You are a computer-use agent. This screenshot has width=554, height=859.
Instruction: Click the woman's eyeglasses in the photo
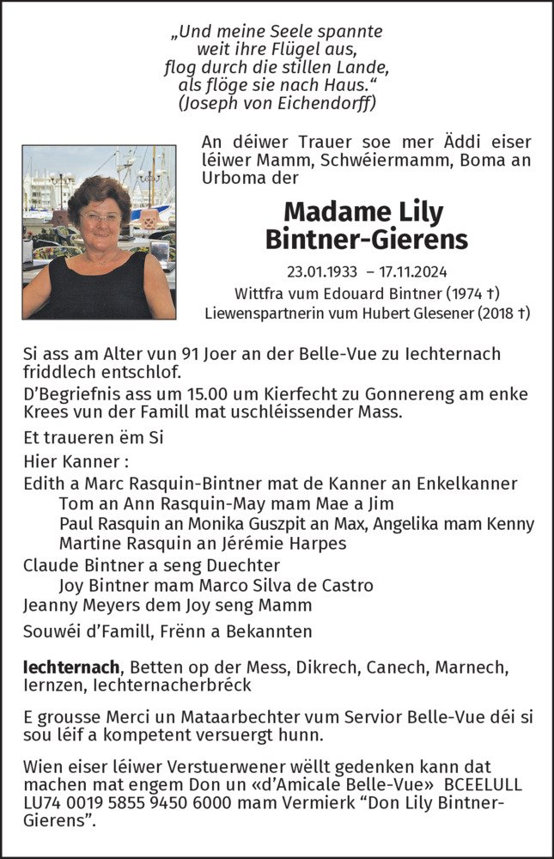[x=100, y=218]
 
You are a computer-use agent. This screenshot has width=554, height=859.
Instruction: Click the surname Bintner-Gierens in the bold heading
[x=366, y=239]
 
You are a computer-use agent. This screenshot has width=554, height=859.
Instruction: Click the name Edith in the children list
[x=43, y=483]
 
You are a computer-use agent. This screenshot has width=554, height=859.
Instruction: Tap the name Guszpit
[x=258, y=523]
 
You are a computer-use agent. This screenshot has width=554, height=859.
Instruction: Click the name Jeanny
[x=48, y=606]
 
